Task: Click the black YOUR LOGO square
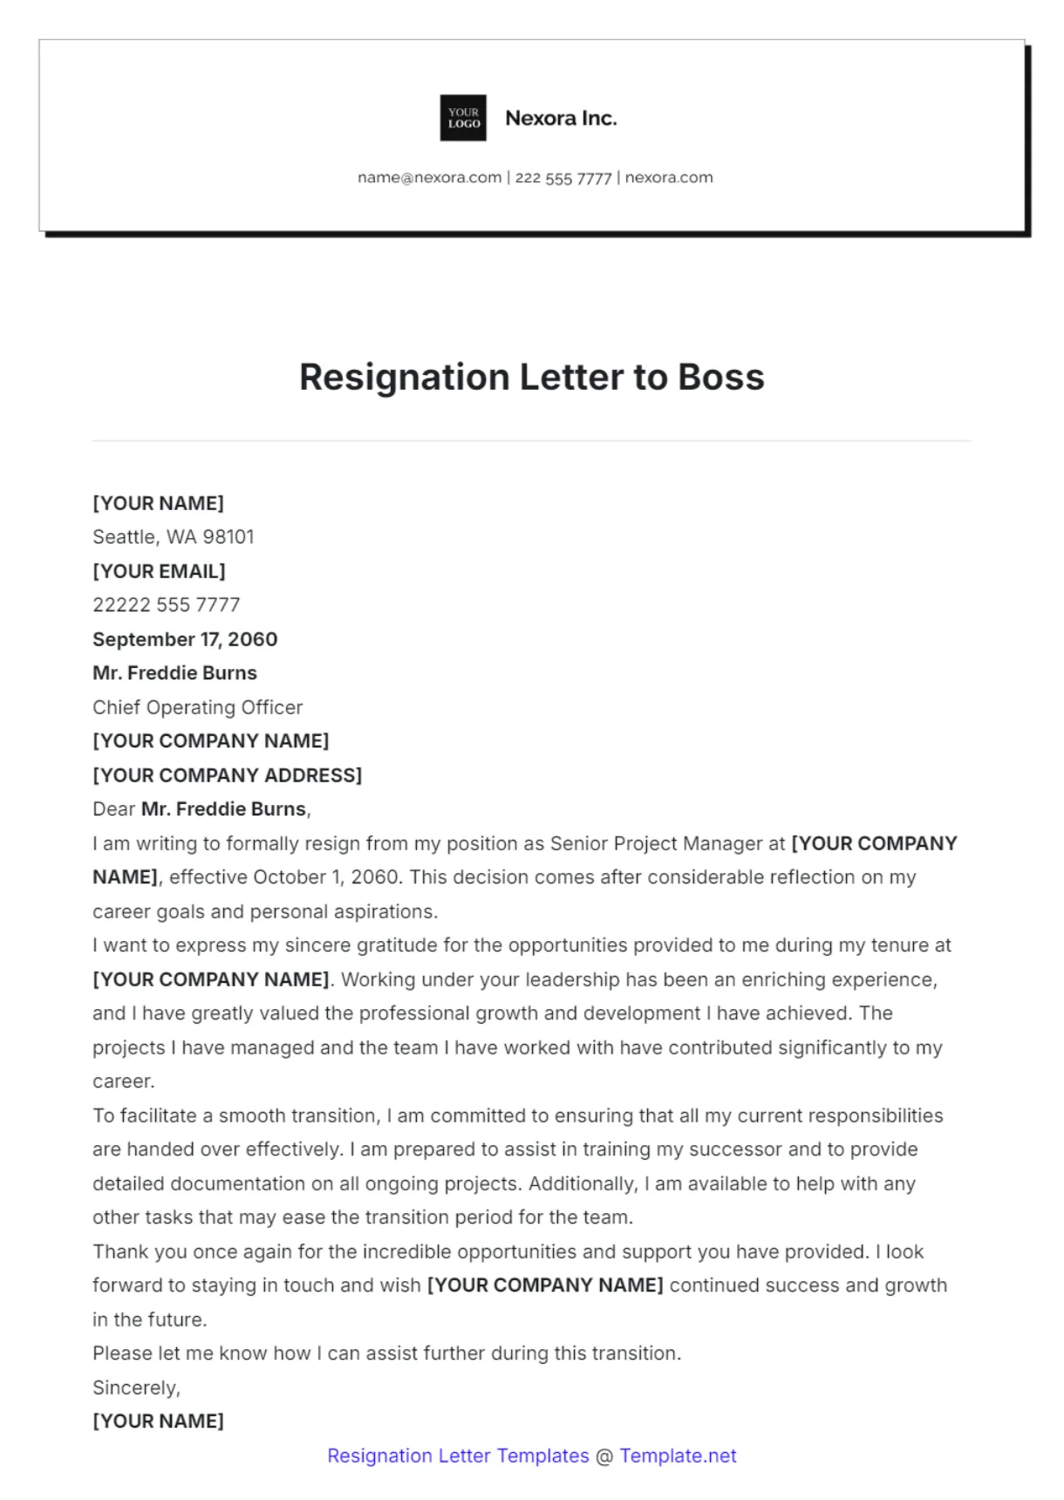[463, 118]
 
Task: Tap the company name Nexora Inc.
[561, 118]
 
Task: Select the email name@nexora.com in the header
[429, 178]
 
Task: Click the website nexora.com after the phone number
[669, 178]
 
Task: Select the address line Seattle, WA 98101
[174, 537]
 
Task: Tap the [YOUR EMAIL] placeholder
[159, 571]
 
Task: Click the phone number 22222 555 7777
[166, 605]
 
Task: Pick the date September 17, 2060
[185, 639]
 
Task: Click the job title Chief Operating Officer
[197, 707]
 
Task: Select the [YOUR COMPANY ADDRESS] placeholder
[227, 775]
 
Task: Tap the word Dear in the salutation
[113, 809]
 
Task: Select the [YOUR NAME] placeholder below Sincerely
[158, 1422]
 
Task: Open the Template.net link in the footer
[678, 1456]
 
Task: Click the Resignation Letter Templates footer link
[458, 1456]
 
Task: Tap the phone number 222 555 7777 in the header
[563, 178]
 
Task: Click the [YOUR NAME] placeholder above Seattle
[158, 503]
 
